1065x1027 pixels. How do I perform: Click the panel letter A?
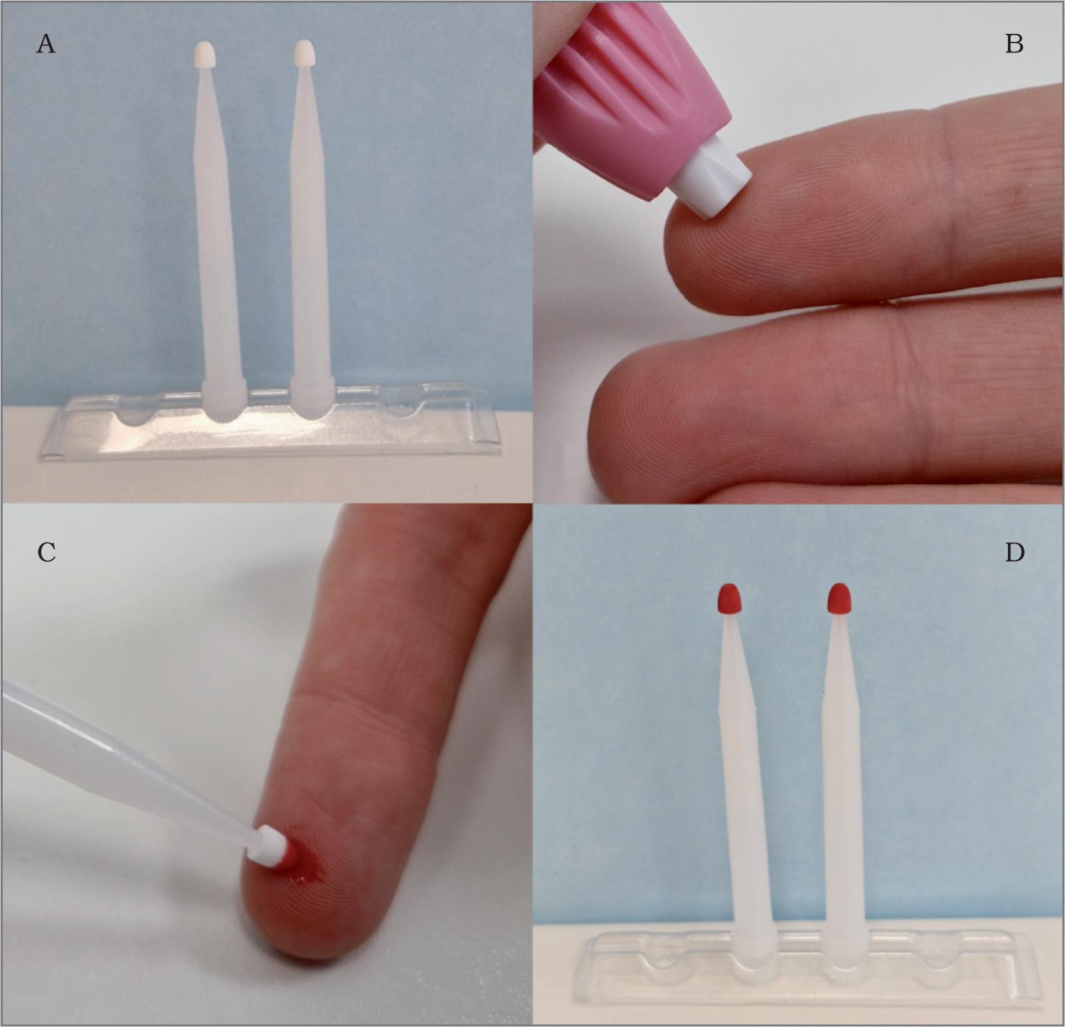click(x=46, y=44)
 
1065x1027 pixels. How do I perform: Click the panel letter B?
click(x=1015, y=44)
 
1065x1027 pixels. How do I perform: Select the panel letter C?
click(x=46, y=552)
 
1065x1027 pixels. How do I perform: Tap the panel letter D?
click(x=1015, y=552)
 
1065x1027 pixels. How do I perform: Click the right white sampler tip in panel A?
click(x=305, y=52)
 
